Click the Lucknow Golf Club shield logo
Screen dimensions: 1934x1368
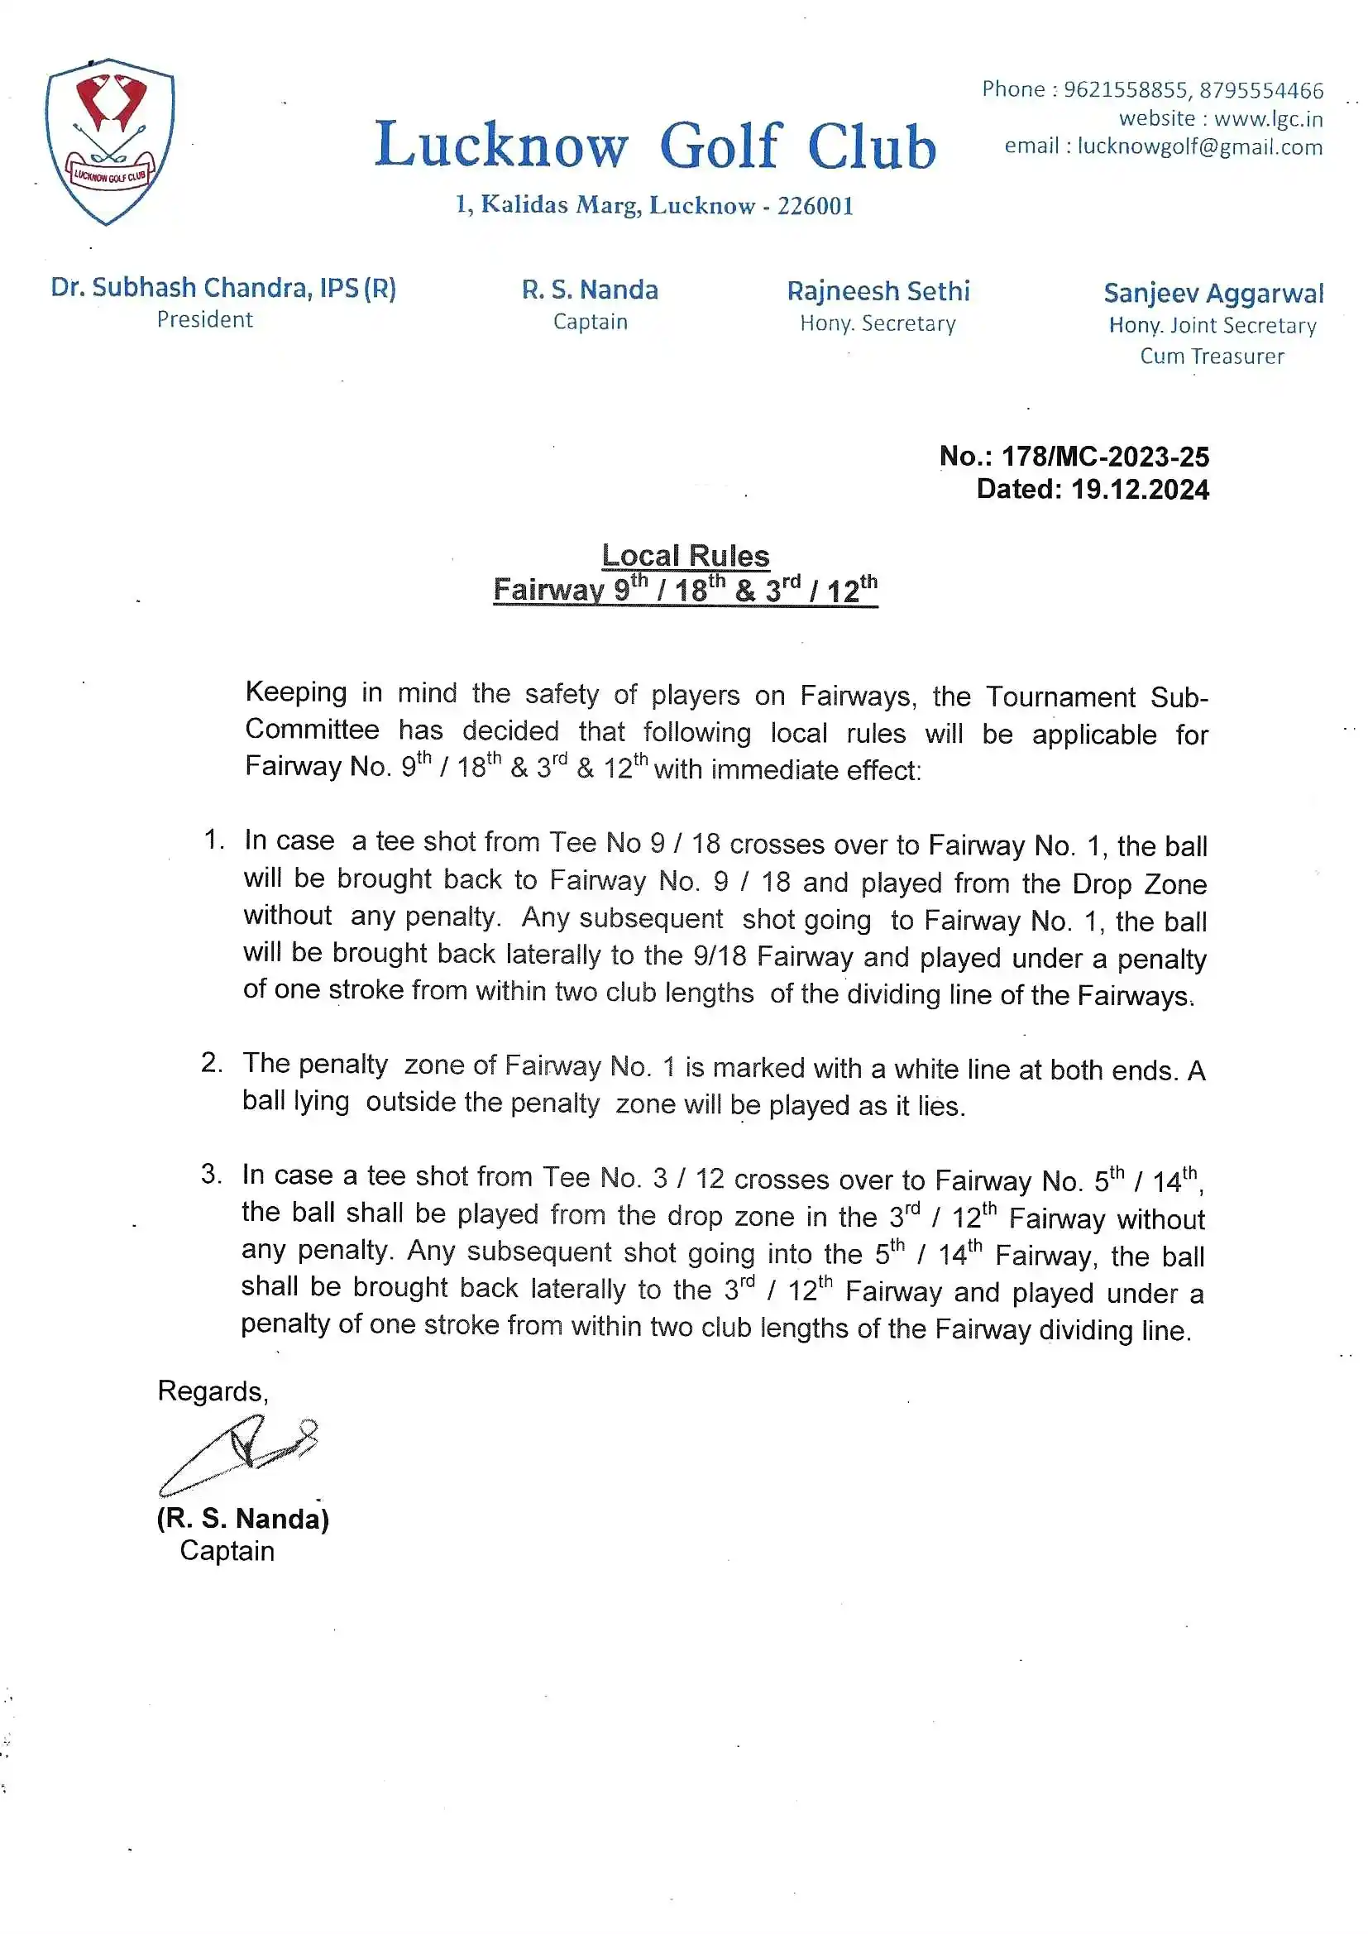tap(109, 141)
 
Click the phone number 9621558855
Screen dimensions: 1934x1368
tap(1125, 89)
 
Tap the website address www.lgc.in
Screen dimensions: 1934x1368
tap(1268, 119)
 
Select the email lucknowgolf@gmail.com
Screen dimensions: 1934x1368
tap(1199, 146)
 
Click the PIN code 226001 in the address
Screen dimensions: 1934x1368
tap(815, 205)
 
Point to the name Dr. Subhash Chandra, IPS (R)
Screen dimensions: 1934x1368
tap(223, 288)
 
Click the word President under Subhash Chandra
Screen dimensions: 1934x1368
tap(204, 320)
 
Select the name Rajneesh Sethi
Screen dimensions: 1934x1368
tap(878, 291)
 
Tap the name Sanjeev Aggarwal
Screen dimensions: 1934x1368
tap(1213, 293)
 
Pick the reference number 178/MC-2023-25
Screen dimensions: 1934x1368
tap(1104, 457)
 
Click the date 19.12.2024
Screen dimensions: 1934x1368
tap(1139, 490)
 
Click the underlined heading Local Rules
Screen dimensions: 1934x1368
tap(685, 556)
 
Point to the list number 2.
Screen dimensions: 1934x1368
tap(212, 1063)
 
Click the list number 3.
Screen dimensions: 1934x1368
tap(212, 1175)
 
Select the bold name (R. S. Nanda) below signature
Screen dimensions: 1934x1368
tap(242, 1518)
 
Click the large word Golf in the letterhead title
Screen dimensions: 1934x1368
tap(721, 146)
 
